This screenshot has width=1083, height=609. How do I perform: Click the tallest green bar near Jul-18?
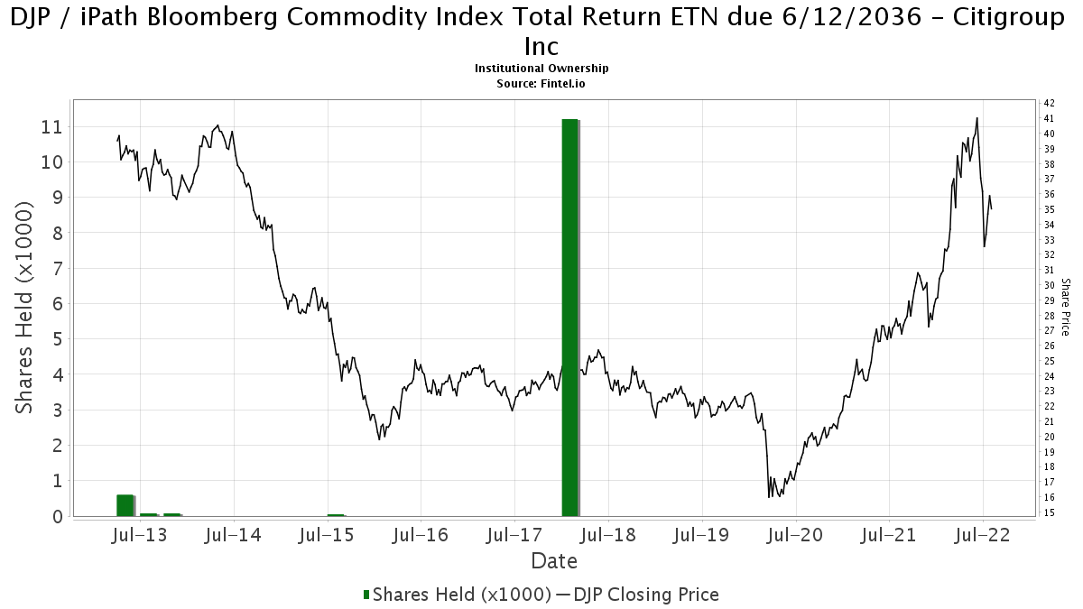[570, 318]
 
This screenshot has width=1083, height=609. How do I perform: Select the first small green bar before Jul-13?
[125, 505]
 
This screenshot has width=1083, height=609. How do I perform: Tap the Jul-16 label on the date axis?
[421, 535]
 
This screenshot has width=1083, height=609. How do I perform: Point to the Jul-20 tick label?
[795, 535]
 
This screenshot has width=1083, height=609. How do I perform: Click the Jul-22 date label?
[983, 535]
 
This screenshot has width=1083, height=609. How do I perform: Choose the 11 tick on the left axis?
[51, 127]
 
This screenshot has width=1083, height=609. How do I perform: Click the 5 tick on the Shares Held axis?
[58, 339]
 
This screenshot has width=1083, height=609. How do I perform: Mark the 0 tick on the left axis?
[58, 517]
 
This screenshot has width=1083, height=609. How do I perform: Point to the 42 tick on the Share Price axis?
[1050, 103]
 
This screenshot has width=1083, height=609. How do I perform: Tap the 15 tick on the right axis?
[1050, 512]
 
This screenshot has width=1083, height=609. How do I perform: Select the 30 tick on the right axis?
[1050, 285]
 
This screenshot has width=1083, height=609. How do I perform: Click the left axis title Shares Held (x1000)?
[23, 308]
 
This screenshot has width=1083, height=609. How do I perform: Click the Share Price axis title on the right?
[1066, 307]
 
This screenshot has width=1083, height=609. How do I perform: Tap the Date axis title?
[554, 561]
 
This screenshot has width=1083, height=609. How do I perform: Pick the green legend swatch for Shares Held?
[366, 595]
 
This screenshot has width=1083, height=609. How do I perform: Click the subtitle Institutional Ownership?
[541, 69]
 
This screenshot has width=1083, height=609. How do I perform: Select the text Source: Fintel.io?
[541, 84]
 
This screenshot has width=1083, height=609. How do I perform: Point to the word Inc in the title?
[541, 46]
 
